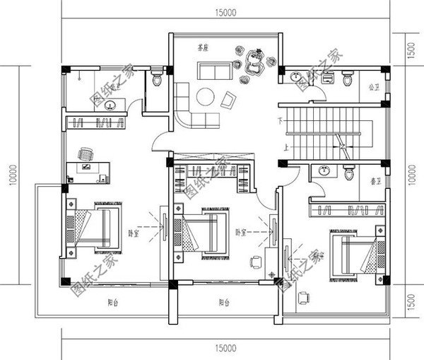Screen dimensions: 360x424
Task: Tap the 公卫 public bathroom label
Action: [373, 88]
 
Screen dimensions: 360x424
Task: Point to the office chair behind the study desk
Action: [86, 154]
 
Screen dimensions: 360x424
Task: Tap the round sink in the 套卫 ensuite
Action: [324, 170]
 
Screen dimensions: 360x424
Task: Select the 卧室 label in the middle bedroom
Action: [240, 231]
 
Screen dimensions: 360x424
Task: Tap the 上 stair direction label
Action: [284, 148]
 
